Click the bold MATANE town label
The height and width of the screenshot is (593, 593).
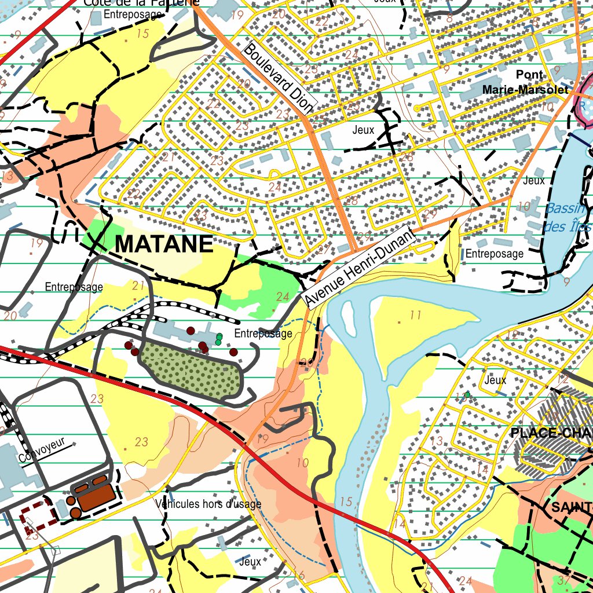[x=164, y=244]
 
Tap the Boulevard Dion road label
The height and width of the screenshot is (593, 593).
[x=279, y=78]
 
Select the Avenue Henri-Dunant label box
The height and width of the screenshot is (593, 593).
[x=360, y=267]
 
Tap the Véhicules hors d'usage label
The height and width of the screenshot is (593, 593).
[x=208, y=504]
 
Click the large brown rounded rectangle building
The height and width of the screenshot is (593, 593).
[x=96, y=497]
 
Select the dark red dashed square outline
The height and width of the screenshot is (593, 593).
[x=39, y=513]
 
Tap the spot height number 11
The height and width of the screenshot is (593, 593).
[x=415, y=315]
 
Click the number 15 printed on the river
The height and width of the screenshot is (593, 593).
[x=346, y=502]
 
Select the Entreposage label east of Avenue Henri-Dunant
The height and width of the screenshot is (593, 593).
[x=495, y=254]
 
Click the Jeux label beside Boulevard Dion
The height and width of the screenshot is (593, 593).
[x=364, y=130]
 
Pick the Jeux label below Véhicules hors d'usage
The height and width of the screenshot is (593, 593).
[x=250, y=561]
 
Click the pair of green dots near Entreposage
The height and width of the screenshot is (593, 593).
[x=219, y=339]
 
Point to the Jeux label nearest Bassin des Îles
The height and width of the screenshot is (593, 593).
[x=533, y=181]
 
